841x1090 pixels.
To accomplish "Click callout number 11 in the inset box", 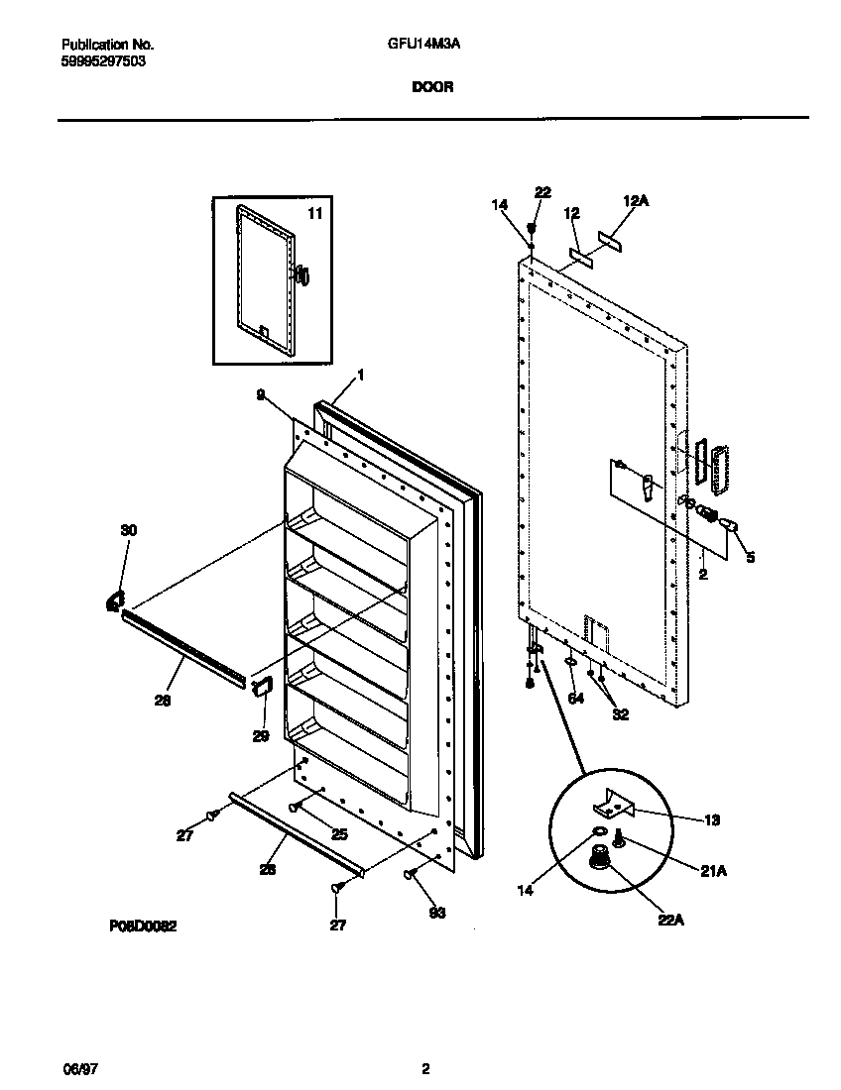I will pos(314,213).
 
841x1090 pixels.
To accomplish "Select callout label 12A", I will pos(635,201).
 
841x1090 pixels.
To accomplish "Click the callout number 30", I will pos(129,531).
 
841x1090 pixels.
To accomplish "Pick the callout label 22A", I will pos(671,920).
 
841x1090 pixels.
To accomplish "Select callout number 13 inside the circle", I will pos(713,818).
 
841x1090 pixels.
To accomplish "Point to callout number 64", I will pos(576,699).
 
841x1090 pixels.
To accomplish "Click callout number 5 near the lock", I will pos(750,558).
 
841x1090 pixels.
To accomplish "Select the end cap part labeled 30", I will pos(114,599).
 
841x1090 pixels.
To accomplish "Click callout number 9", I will pos(260,393).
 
